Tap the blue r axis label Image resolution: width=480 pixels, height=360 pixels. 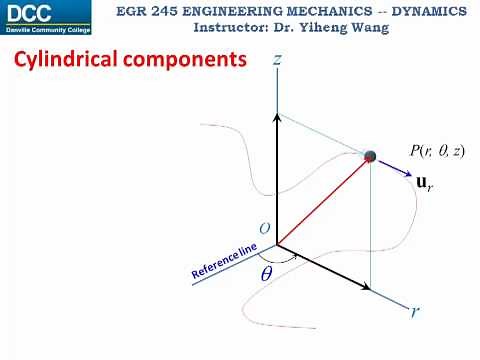coord(415,311)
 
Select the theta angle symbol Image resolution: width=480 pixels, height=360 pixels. coord(267,270)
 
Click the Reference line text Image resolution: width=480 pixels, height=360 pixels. coord(225,261)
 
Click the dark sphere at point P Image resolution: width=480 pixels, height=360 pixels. coord(370,156)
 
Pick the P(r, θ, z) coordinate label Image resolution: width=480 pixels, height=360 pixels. coord(437,151)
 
